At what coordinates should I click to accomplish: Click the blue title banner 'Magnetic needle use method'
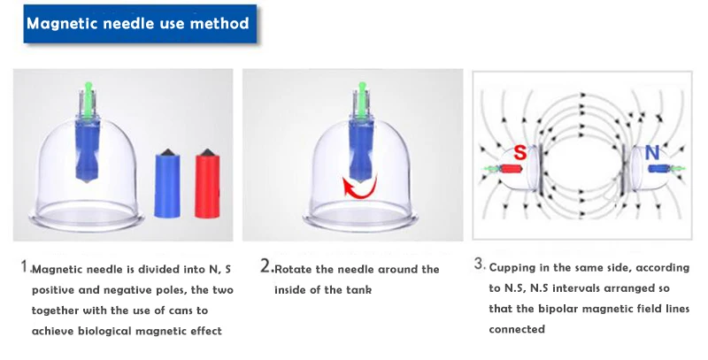[x=140, y=24]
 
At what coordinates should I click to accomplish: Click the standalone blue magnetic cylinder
[x=167, y=184]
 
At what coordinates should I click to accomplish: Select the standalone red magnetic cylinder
[x=207, y=184]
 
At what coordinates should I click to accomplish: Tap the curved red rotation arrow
[x=360, y=188]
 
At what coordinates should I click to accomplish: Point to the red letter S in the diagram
[x=520, y=152]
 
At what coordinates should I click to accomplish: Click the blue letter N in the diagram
[x=652, y=153]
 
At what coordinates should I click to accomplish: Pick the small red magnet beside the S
[x=510, y=169]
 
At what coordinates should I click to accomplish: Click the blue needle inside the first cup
[x=87, y=149]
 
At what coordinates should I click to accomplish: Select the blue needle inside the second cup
[x=363, y=149]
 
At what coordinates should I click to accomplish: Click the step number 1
[x=25, y=265]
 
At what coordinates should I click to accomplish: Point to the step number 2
[x=265, y=265]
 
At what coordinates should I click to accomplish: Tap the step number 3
[x=479, y=264]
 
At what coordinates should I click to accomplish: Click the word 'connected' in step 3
[x=517, y=329]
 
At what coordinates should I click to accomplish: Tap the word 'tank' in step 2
[x=359, y=290]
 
